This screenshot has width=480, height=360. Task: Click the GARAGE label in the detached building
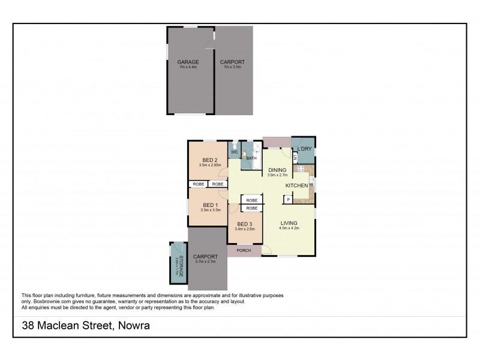188,62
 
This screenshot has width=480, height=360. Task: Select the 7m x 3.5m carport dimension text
232,67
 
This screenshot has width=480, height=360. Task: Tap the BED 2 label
209,159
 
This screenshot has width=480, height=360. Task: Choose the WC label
235,152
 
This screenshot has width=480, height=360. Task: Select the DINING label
277,170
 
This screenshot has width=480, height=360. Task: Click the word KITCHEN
296,186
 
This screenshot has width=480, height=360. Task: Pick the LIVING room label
289,223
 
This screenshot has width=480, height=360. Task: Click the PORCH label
244,250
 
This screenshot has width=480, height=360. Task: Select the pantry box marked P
288,199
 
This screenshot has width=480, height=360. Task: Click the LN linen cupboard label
295,157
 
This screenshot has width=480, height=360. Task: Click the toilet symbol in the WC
234,145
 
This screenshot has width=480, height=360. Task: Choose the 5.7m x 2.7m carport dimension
205,262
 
